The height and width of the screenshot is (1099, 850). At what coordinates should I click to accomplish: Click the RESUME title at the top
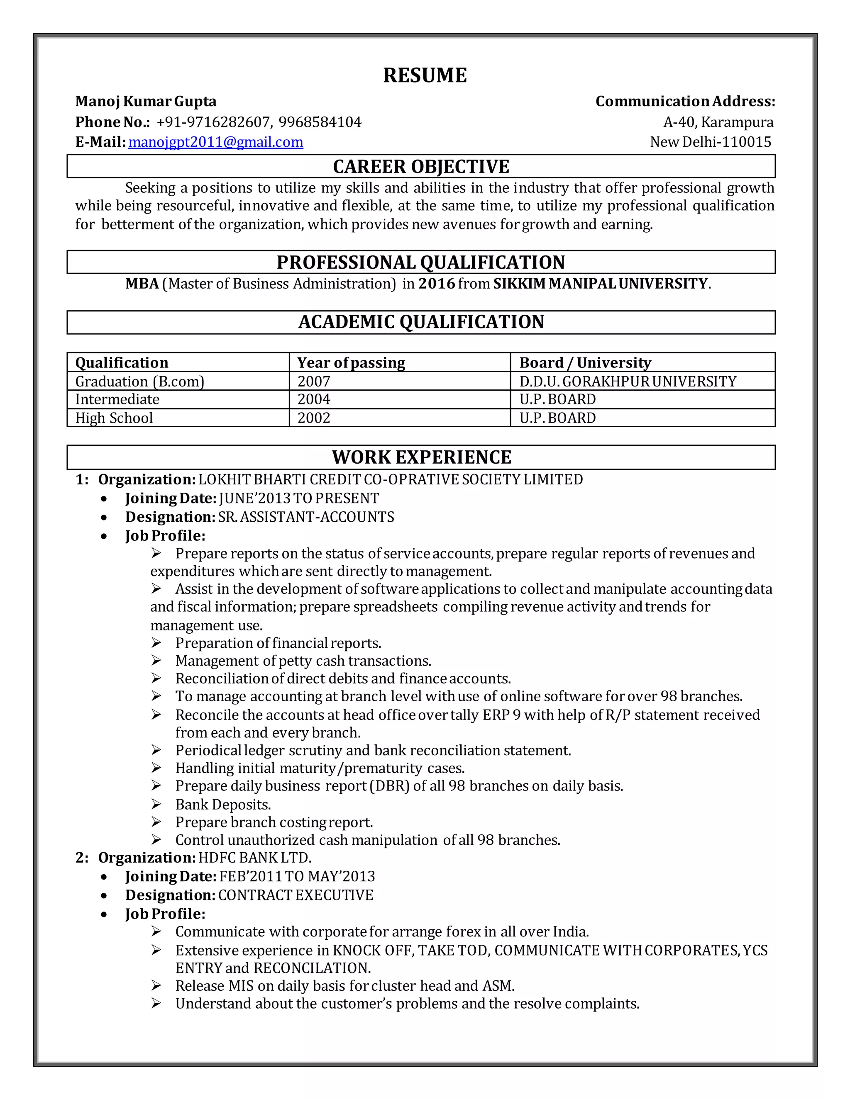coord(425,75)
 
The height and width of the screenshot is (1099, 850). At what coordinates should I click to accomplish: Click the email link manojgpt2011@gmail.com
coord(215,142)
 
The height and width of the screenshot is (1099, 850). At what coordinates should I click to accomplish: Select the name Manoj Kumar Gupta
coord(146,102)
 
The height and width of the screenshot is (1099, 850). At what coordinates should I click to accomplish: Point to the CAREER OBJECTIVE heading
coord(421,167)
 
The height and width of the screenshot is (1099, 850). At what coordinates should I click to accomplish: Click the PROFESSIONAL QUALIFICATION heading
coord(421,262)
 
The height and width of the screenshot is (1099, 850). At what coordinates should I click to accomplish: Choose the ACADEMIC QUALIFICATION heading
coord(421,322)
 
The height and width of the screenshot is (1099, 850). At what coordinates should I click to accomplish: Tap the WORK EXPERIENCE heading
coord(421,457)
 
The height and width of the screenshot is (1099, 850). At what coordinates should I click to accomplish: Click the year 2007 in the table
coord(314,382)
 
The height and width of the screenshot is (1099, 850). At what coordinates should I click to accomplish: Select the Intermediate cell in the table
coord(117,399)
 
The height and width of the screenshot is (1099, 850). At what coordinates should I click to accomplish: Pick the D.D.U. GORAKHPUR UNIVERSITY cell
coord(628,382)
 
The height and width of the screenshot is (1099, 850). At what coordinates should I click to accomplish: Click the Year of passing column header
coord(351,363)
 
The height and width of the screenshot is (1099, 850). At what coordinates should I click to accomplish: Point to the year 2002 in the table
coord(314,418)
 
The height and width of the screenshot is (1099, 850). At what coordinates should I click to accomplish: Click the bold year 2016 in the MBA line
coord(437,284)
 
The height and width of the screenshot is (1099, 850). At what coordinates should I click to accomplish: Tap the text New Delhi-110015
coord(711,142)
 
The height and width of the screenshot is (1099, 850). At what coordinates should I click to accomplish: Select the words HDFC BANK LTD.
coord(255,858)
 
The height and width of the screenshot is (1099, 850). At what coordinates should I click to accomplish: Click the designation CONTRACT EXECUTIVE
coord(296,895)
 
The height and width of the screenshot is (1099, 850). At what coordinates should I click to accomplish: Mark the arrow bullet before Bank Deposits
coord(156,804)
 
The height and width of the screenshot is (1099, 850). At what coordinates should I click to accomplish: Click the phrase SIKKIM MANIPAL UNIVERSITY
coord(600,284)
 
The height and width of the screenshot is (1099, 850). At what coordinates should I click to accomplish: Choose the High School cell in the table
coord(114,418)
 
